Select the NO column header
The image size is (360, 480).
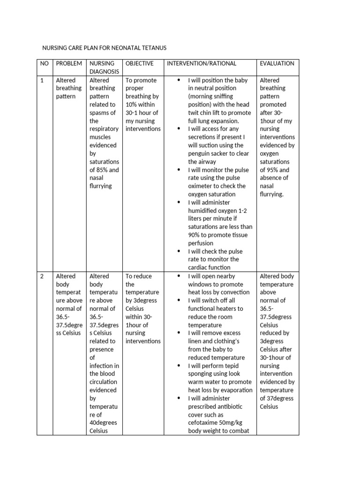tap(44, 63)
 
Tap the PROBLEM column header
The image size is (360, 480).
tap(69, 63)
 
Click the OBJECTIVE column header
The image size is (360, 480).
tap(139, 63)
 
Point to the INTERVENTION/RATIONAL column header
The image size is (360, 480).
tap(202, 63)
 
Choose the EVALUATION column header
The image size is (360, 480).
tap(277, 63)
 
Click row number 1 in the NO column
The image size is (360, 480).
tap(42, 80)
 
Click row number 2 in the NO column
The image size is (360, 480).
tap(42, 276)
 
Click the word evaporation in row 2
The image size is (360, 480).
tap(236, 390)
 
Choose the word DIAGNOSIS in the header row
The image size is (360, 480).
tap(105, 72)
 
